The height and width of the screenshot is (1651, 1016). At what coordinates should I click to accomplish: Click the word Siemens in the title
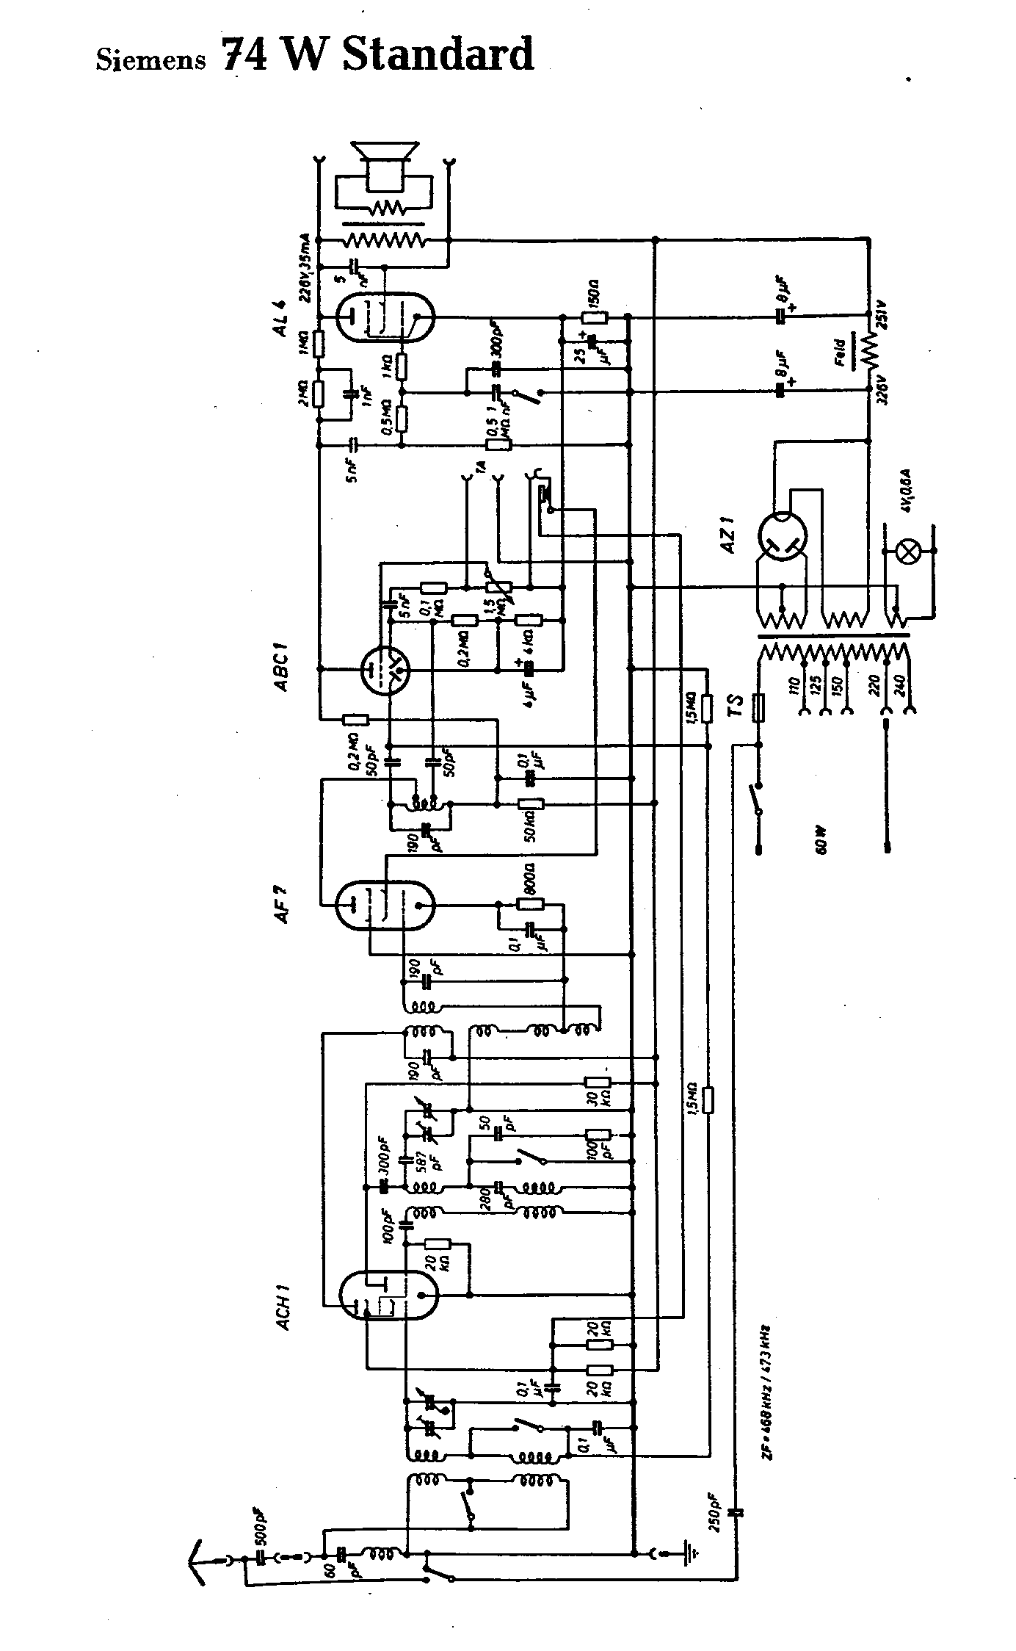(x=150, y=59)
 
